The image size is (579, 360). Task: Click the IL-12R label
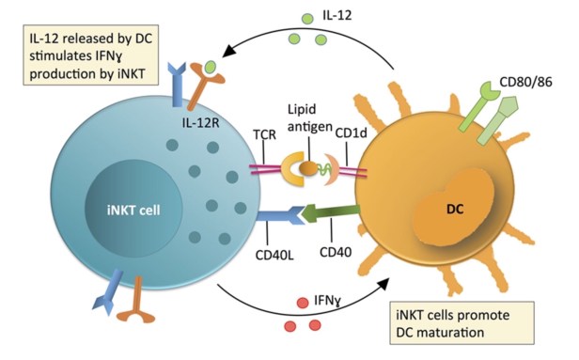pyautogui.click(x=200, y=122)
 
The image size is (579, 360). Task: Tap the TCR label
pyautogui.click(x=264, y=134)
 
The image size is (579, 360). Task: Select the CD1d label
pyautogui.click(x=351, y=133)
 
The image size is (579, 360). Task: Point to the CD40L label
pyautogui.click(x=274, y=255)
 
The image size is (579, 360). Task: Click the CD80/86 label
pyautogui.click(x=525, y=82)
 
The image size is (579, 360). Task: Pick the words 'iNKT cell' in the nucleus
pyautogui.click(x=133, y=211)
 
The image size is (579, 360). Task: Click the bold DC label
pyautogui.click(x=455, y=210)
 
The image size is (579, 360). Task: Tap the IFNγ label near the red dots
pyautogui.click(x=327, y=301)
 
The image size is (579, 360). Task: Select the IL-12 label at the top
pyautogui.click(x=337, y=15)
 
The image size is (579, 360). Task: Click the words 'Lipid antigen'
pyautogui.click(x=310, y=117)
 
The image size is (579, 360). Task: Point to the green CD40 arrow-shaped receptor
pyautogui.click(x=330, y=213)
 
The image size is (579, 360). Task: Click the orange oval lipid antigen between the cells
pyautogui.click(x=308, y=169)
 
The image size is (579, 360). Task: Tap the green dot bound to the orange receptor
pyautogui.click(x=211, y=67)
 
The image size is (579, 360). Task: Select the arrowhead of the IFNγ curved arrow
pyautogui.click(x=383, y=285)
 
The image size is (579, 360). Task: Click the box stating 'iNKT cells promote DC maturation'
pyautogui.click(x=462, y=323)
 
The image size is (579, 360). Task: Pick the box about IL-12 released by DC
pyautogui.click(x=91, y=55)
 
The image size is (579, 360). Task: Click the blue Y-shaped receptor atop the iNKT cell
pyautogui.click(x=177, y=85)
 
